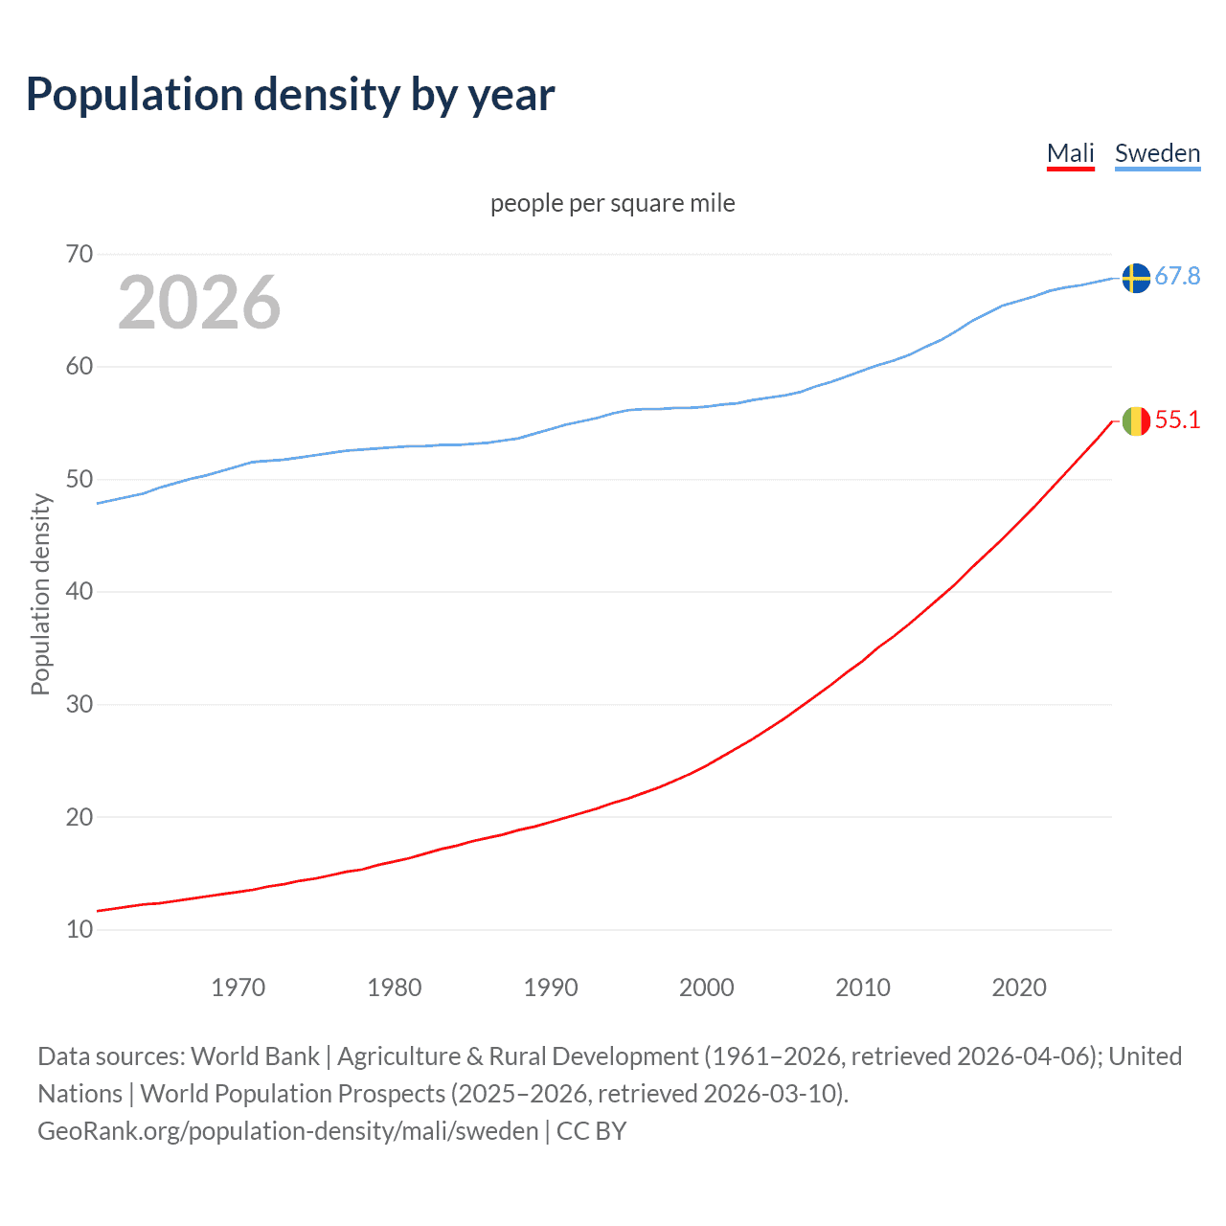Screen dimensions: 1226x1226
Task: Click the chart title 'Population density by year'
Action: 290,95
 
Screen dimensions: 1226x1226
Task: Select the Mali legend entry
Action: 1070,153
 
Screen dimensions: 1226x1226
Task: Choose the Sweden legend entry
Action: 1157,153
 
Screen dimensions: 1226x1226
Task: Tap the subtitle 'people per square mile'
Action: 612,203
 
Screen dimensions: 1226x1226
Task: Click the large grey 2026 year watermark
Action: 199,303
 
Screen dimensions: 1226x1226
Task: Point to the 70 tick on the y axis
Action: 79,254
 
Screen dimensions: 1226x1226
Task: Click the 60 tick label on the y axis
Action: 79,367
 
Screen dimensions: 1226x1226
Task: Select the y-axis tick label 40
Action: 79,592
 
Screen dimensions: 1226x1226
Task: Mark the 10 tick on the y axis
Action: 79,929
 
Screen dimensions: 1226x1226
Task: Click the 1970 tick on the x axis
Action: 238,988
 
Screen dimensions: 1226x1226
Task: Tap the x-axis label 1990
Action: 550,988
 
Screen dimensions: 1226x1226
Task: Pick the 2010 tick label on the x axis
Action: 862,988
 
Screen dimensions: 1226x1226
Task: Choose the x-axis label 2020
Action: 1018,988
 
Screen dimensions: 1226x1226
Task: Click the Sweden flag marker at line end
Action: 1135,278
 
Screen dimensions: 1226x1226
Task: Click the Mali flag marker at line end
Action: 1135,421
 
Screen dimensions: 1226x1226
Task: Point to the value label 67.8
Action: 1177,277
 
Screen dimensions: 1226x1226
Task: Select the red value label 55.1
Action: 1177,420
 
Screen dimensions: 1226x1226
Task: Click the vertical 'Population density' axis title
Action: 40,594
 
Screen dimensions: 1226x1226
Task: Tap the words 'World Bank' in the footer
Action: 255,1056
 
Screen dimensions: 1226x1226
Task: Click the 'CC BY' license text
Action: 591,1131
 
